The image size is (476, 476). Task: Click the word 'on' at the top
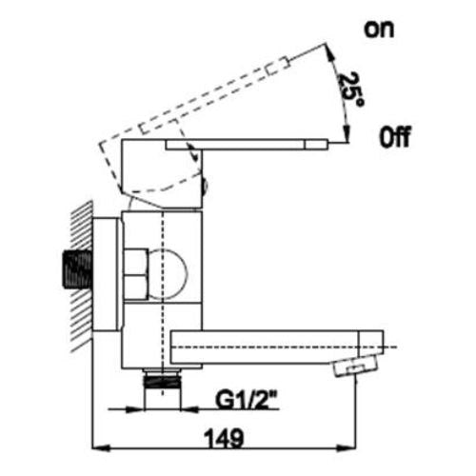pyautogui.click(x=379, y=30)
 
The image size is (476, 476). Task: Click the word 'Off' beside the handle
pyautogui.click(x=395, y=137)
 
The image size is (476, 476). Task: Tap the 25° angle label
pyautogui.click(x=351, y=89)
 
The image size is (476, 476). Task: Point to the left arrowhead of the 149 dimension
pyautogui.click(x=101, y=448)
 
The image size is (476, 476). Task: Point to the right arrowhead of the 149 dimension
pyautogui.click(x=347, y=448)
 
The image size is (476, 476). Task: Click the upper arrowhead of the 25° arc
pyautogui.click(x=329, y=52)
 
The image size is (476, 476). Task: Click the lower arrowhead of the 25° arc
pyautogui.click(x=347, y=130)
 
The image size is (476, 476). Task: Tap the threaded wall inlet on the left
pyautogui.click(x=77, y=269)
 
